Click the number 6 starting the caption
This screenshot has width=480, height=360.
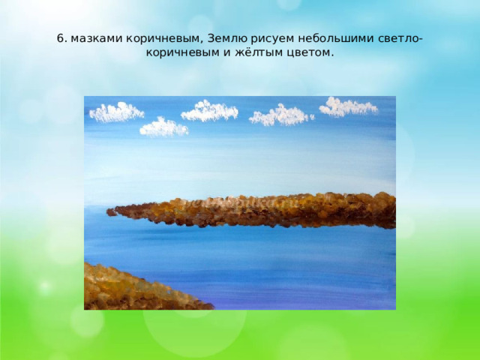[x=60, y=38]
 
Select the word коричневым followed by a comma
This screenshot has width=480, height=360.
[x=166, y=38]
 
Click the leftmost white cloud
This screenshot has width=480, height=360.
[x=116, y=112]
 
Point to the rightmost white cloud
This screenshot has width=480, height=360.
[x=348, y=107]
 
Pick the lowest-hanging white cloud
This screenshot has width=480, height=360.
[x=163, y=127]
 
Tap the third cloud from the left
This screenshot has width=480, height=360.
[x=210, y=112]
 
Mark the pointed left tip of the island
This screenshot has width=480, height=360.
[x=109, y=211]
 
